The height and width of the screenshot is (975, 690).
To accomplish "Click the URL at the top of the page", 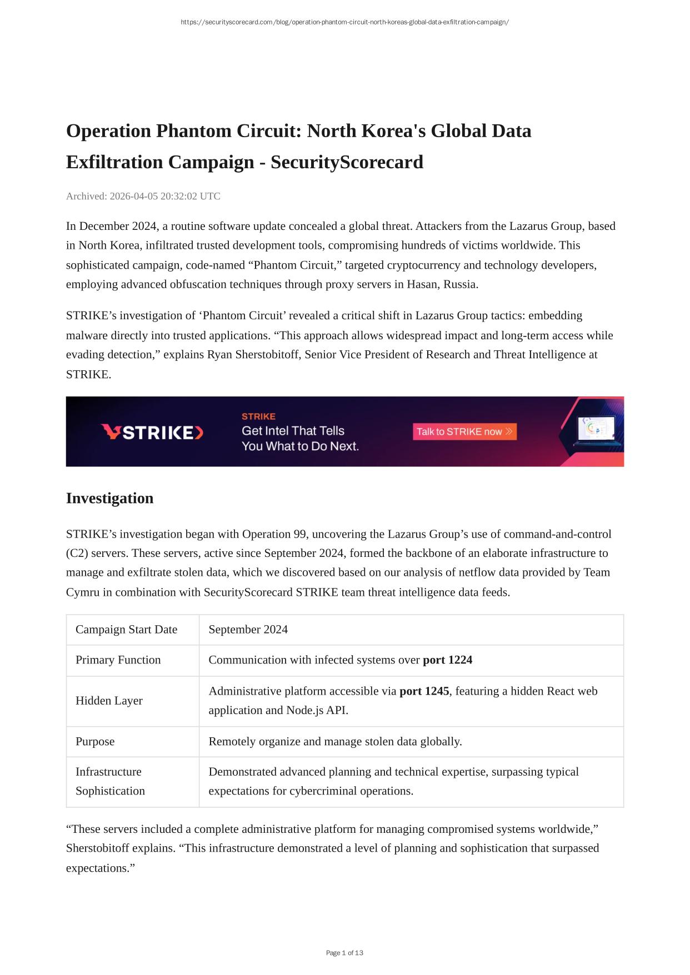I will [344, 22].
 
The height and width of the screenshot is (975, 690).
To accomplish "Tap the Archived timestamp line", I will [143, 196].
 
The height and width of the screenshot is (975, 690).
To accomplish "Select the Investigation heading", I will [109, 498].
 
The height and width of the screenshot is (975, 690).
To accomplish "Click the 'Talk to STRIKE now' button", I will [464, 431].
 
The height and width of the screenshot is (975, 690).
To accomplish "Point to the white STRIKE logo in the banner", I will [152, 432].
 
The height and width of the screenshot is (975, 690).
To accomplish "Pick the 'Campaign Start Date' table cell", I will [126, 629].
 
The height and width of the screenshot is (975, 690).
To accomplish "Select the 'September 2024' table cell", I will [248, 629].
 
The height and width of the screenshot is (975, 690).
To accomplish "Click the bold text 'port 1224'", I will [447, 660].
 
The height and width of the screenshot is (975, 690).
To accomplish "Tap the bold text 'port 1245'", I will [424, 691].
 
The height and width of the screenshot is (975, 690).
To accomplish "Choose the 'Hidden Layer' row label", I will [109, 701].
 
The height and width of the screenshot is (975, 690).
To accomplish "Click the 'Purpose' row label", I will [95, 741].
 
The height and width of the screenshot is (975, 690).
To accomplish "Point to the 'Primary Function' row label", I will [118, 660].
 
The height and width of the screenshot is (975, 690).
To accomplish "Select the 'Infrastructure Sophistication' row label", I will [110, 781].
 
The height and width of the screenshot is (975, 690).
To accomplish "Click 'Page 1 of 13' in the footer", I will [344, 953].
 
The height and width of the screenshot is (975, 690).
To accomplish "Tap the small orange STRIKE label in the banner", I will [258, 416].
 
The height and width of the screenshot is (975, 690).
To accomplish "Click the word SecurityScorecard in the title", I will [347, 162].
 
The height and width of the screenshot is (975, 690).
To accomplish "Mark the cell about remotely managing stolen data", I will [335, 741].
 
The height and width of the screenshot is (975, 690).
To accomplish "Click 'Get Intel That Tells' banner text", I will [293, 431].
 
